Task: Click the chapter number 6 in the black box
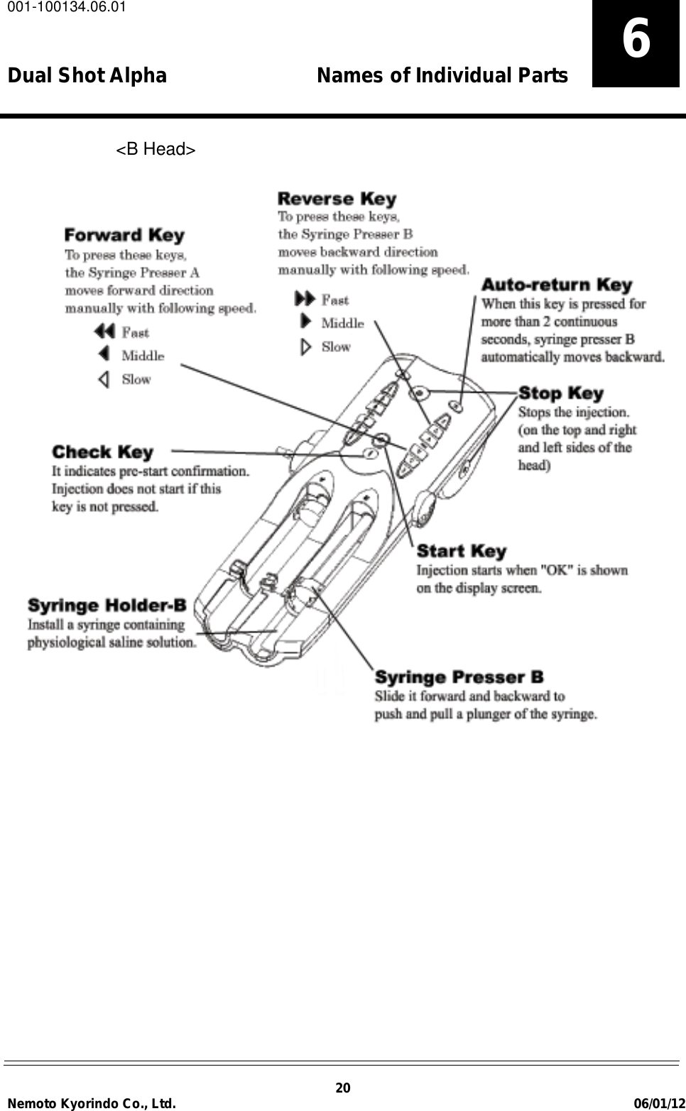pos(636,40)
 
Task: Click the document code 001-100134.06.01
pos(64,8)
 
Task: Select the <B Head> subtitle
pos(156,149)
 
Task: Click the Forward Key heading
pos(124,235)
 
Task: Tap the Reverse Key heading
pos(337,199)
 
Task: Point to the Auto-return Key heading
pos(556,285)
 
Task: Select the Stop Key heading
pos(560,393)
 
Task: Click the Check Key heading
pos(102,452)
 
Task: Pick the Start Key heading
pos(461,551)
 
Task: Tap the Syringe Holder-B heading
pos(107,606)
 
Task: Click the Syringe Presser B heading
pos(459,677)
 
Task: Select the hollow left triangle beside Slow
pos(104,379)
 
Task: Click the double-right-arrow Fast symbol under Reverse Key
pos(305,300)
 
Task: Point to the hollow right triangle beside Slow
pos(305,347)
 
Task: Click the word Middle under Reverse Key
pos(342,324)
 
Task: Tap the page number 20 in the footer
pos(342,1088)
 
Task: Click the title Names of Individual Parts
pos(442,75)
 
